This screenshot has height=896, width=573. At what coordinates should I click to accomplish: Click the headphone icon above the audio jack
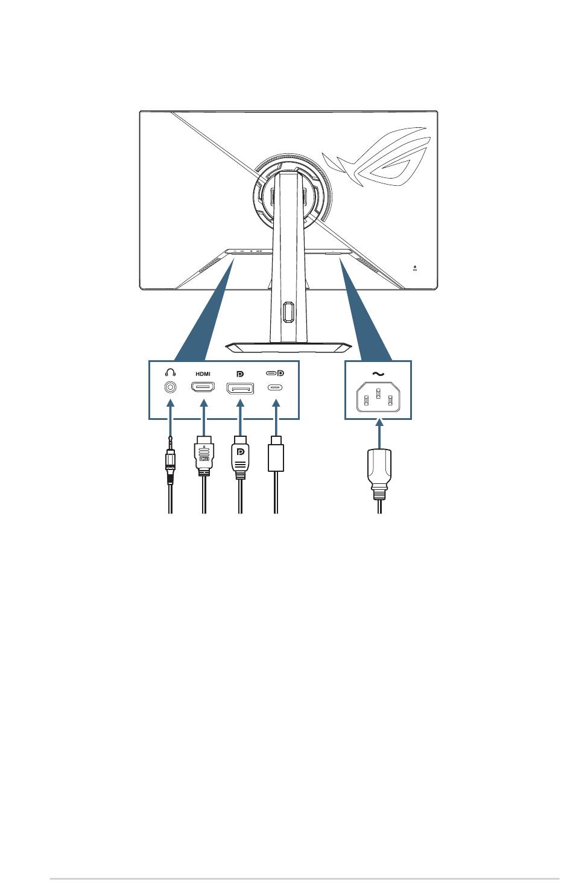click(170, 373)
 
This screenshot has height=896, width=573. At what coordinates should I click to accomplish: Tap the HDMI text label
click(203, 374)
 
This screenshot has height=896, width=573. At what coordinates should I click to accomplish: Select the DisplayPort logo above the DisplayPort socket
click(240, 374)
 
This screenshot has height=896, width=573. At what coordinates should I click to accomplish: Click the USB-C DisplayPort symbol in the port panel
click(275, 373)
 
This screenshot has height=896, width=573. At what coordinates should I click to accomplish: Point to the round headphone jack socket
click(171, 387)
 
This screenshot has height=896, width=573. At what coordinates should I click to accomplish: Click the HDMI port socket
click(203, 387)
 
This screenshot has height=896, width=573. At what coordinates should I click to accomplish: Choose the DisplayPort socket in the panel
click(240, 388)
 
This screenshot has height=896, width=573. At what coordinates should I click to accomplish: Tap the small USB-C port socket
click(275, 387)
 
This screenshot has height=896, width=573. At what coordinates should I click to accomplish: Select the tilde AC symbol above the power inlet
click(378, 374)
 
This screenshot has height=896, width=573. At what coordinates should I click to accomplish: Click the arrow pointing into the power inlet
click(379, 433)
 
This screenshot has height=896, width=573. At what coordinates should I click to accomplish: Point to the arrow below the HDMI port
click(204, 418)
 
